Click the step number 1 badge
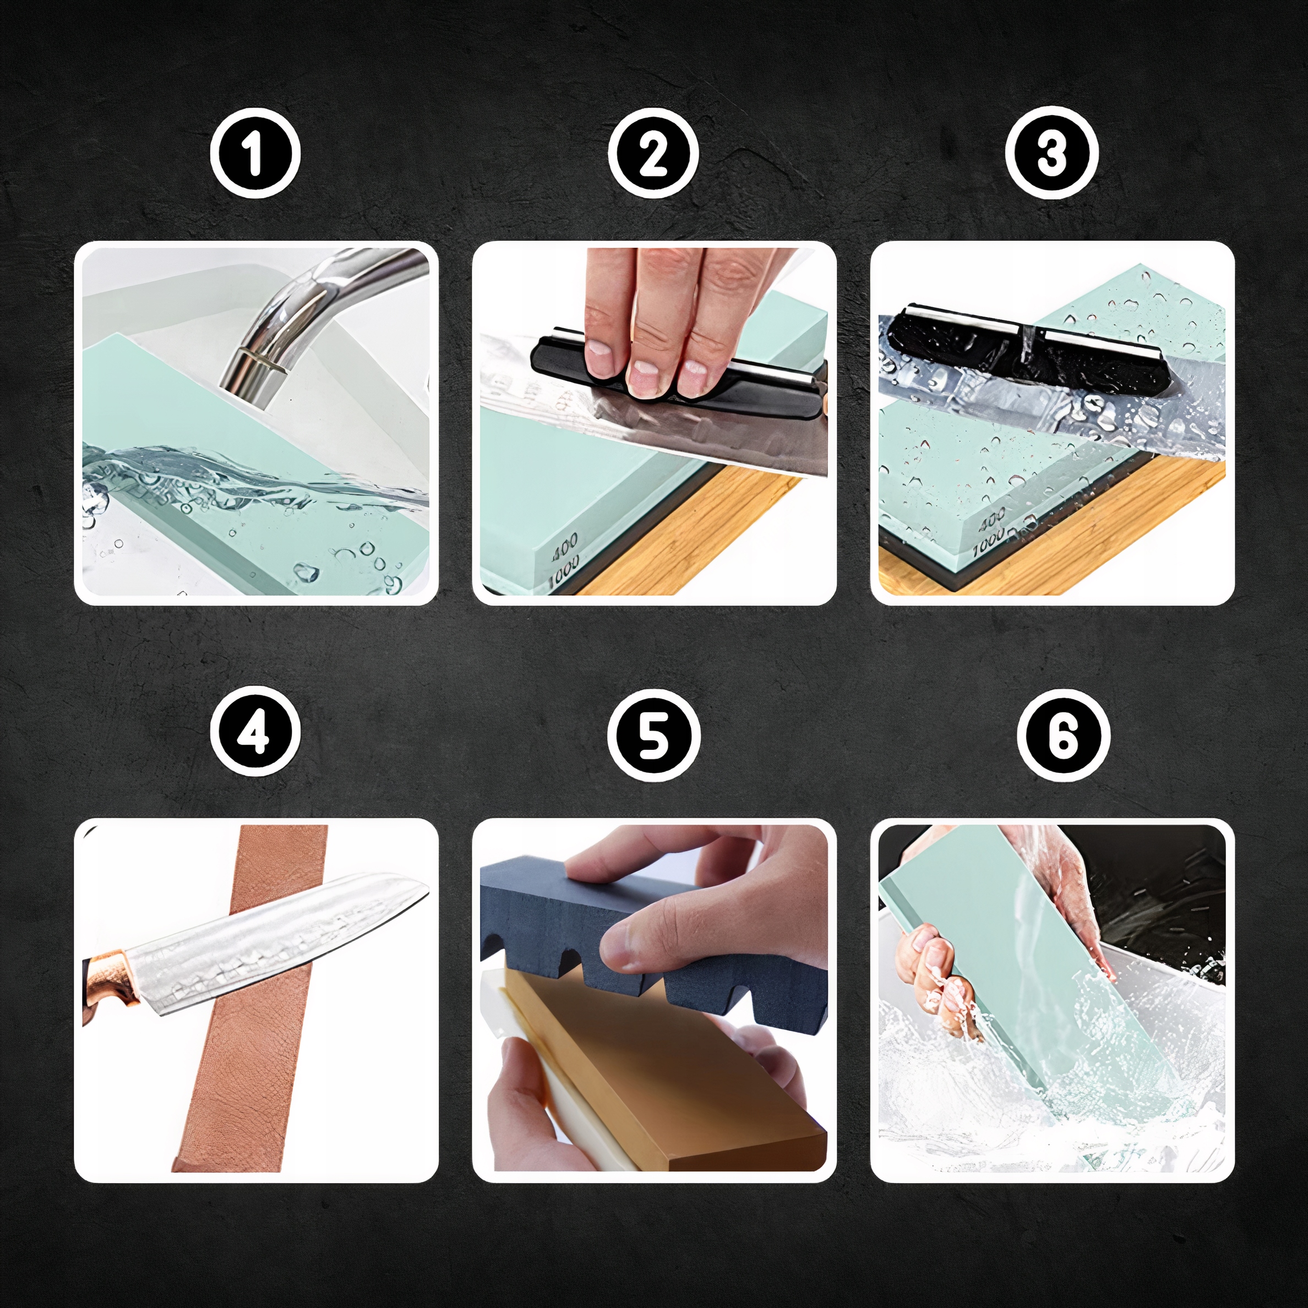pyautogui.click(x=255, y=153)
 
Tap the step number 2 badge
pyautogui.click(x=653, y=153)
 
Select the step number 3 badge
pyautogui.click(x=1051, y=153)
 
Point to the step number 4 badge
pyautogui.click(x=255, y=732)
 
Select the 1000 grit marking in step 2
pyautogui.click(x=563, y=570)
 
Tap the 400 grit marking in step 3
pyautogui.click(x=993, y=521)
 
